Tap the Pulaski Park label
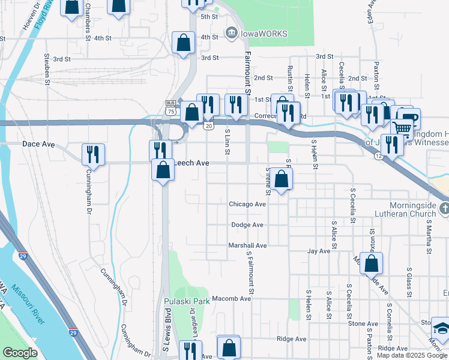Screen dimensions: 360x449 pyautogui.click(x=187, y=301)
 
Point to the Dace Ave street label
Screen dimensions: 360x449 pyautogui.click(x=38, y=145)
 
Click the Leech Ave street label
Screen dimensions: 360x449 pyautogui.click(x=191, y=163)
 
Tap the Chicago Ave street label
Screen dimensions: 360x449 pyautogui.click(x=247, y=204)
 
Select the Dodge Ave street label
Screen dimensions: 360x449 pyautogui.click(x=247, y=225)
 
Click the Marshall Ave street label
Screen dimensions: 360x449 pyautogui.click(x=247, y=245)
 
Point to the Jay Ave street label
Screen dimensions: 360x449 pyautogui.click(x=319, y=251)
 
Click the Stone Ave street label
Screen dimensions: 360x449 pyautogui.click(x=363, y=323)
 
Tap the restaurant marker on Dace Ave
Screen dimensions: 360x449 pyautogui.click(x=93, y=154)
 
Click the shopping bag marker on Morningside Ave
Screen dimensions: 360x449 pyautogui.click(x=372, y=263)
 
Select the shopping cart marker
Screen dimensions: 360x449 pyautogui.click(x=402, y=128)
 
